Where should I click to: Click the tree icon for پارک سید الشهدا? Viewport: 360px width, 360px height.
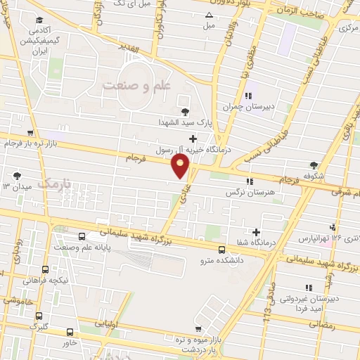click(x=185, y=111)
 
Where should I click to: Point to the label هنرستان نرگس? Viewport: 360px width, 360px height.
click(x=249, y=191)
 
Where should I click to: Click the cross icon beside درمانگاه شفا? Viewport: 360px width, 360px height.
click(x=256, y=233)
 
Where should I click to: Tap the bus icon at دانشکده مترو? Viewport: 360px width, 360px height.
click(x=221, y=250)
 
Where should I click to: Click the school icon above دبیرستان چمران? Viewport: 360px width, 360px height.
click(x=247, y=96)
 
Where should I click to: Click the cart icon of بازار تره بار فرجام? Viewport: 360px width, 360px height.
click(x=30, y=132)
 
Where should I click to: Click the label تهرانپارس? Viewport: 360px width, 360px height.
click(x=313, y=238)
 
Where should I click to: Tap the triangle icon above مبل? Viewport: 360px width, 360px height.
click(x=207, y=15)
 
